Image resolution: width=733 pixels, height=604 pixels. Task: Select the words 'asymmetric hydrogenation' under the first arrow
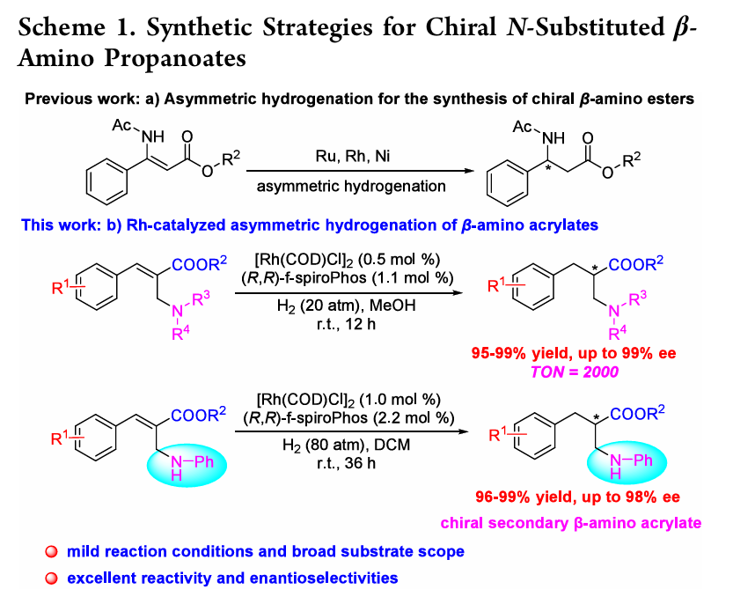pyautogui.click(x=350, y=186)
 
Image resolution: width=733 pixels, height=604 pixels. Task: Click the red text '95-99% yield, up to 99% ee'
pyautogui.click(x=578, y=354)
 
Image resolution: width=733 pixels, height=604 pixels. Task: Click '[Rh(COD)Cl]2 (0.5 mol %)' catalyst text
pyautogui.click(x=350, y=259)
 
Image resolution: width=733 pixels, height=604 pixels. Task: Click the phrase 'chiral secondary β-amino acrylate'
pyautogui.click(x=592, y=523)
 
